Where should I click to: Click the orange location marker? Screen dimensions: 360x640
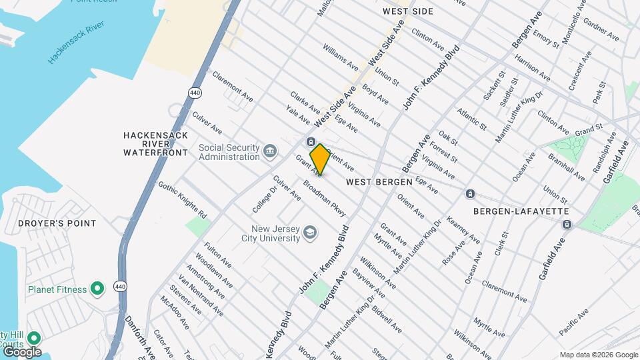coord(320,159)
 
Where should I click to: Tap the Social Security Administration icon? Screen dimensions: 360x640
coord(270,151)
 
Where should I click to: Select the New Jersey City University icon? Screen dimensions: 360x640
coord(309,233)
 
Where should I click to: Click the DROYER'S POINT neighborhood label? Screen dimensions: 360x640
coord(57,223)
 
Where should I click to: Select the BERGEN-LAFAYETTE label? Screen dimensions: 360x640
coord(521,211)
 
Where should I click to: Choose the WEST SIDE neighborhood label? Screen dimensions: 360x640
coord(408,11)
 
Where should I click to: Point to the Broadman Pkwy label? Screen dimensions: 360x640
coord(325,199)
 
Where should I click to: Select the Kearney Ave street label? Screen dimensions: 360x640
coord(463,229)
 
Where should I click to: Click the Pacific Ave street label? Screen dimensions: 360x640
coord(574,321)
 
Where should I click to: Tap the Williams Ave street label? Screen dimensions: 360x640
coord(341,57)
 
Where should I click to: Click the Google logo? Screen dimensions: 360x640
coord(21,351)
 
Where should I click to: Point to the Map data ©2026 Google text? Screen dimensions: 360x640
coord(599,355)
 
